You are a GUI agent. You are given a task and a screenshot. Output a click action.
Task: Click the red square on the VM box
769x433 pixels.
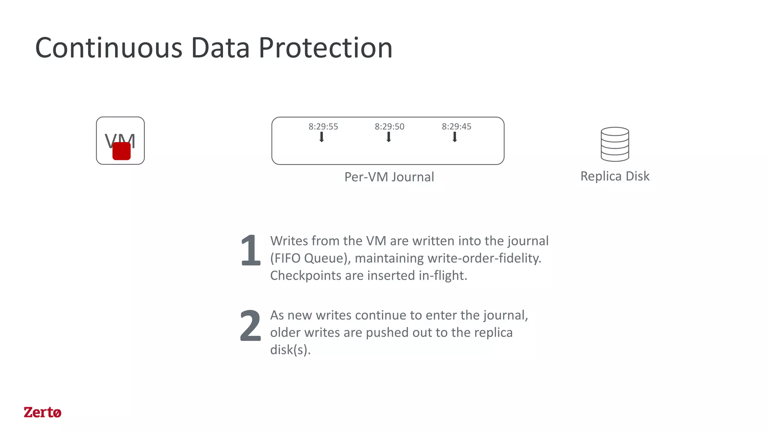point(121,151)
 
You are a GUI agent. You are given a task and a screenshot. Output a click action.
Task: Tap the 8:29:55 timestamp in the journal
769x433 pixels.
point(323,127)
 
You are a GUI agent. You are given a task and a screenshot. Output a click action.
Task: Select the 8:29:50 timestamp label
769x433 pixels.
point(389,127)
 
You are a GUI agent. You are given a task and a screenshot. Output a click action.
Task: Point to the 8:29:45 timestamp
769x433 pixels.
point(456,127)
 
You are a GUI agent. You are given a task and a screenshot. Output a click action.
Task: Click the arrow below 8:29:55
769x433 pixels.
point(322,137)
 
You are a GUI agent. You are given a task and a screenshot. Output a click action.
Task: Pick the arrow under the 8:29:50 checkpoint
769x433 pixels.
point(389,137)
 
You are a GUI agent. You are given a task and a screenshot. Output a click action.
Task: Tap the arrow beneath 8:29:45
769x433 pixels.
point(455,137)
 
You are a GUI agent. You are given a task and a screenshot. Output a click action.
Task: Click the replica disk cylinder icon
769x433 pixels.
point(615,144)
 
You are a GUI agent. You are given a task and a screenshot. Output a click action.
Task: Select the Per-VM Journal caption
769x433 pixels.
point(389,177)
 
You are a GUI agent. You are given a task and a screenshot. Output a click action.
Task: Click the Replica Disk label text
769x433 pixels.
point(615,176)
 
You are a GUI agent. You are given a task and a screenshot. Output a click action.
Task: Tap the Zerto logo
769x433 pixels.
point(42,412)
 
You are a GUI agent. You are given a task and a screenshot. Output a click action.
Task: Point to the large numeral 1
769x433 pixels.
point(250,250)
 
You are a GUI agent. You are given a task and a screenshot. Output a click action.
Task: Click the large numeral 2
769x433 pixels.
point(250,326)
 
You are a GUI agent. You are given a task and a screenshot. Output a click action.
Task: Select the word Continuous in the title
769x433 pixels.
point(109,48)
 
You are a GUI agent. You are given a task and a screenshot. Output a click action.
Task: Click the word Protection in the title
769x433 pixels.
point(326,48)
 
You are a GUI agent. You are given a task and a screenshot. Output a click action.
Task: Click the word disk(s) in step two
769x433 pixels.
point(290,350)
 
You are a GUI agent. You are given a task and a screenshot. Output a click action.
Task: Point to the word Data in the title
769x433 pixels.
point(220,48)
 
